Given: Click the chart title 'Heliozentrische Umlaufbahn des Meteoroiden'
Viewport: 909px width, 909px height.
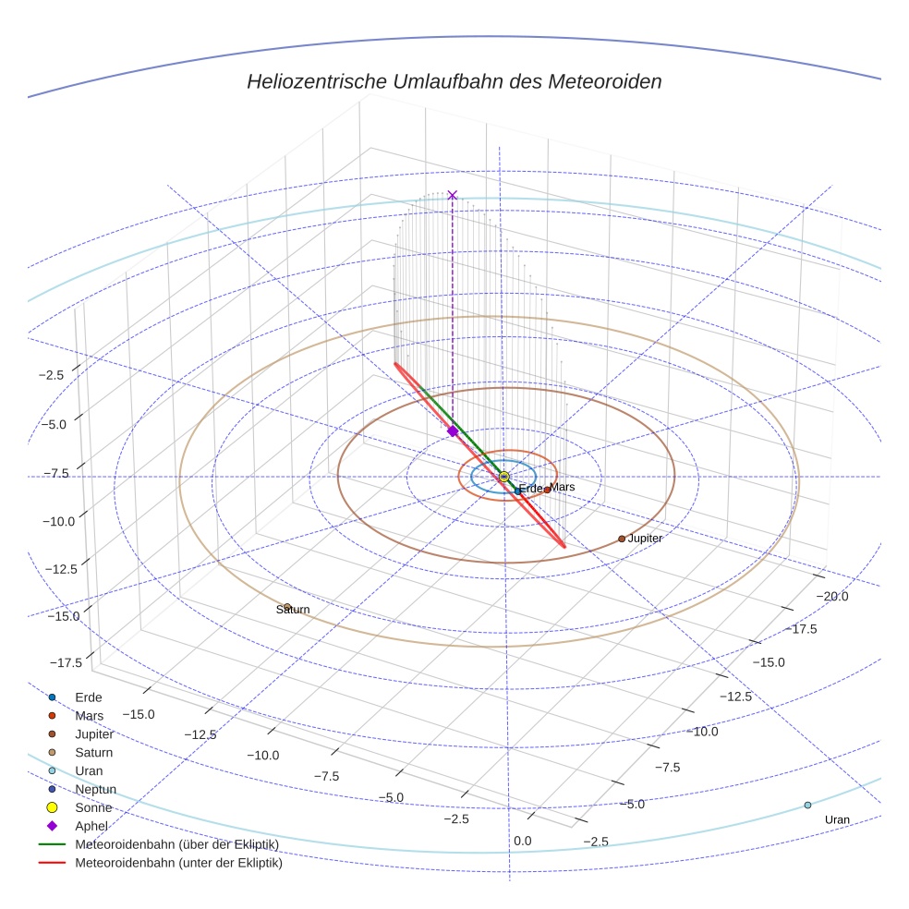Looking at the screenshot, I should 454,81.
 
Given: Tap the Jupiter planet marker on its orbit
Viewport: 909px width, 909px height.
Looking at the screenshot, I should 622,539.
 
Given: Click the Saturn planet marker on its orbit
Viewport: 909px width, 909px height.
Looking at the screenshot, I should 287,607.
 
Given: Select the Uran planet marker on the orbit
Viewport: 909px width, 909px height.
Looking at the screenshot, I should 807,805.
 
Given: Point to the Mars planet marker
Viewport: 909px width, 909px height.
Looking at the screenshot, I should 547,490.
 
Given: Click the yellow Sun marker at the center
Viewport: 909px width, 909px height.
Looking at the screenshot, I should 504,477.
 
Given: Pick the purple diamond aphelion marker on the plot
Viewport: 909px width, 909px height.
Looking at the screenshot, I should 453,431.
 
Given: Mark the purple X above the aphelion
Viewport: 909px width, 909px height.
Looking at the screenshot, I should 452,195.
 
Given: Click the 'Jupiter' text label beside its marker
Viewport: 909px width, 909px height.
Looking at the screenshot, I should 645,538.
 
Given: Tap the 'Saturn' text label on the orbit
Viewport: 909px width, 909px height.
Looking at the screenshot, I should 293,610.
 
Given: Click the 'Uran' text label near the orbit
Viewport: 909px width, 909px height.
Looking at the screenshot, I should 837,819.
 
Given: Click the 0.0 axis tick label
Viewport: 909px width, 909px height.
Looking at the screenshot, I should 522,841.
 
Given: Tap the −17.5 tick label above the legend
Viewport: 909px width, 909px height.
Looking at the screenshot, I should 66,662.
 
